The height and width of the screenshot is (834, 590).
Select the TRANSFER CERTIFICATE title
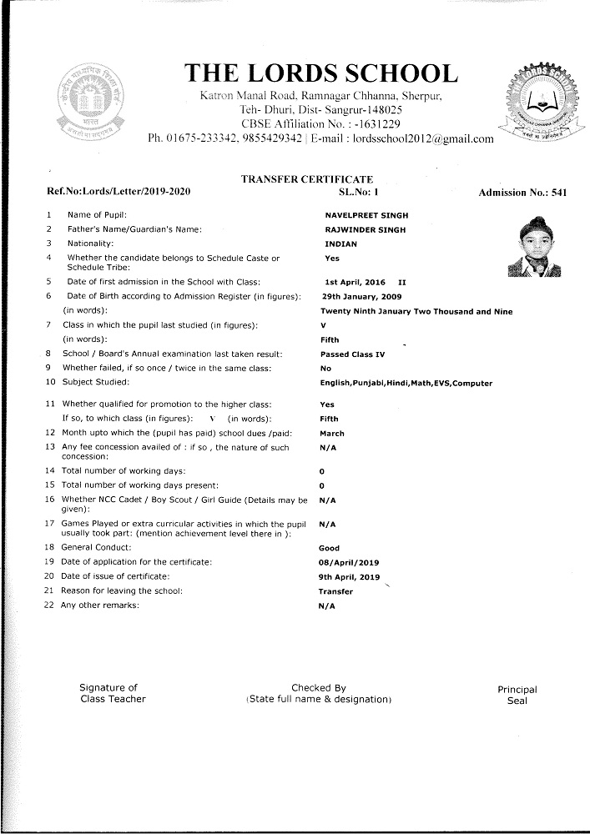click(x=306, y=179)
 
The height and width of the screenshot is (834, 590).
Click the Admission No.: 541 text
click(x=522, y=193)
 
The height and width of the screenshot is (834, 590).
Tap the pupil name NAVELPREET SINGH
click(x=366, y=215)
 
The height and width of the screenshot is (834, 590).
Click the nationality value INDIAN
click(x=340, y=244)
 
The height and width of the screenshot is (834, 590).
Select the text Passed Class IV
click(x=352, y=355)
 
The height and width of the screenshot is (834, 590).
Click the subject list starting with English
click(x=406, y=383)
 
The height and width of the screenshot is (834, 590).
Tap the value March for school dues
click(x=332, y=434)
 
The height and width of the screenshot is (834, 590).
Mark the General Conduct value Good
click(x=330, y=549)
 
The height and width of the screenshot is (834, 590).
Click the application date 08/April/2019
click(x=350, y=563)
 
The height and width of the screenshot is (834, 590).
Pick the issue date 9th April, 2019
click(x=349, y=577)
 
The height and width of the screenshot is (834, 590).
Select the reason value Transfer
click(x=335, y=591)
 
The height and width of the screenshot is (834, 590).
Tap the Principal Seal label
click(x=517, y=696)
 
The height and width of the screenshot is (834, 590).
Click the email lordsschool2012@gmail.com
click(x=423, y=138)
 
